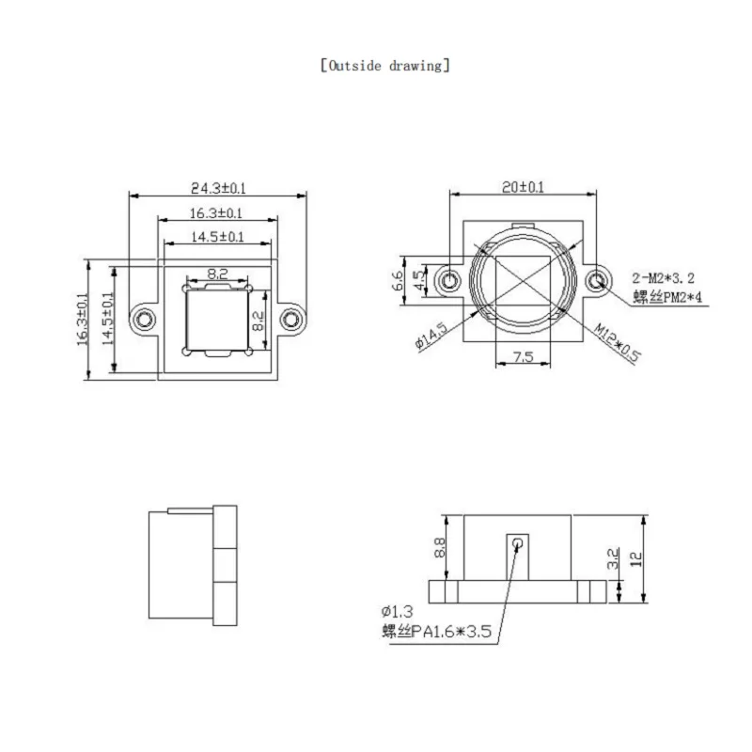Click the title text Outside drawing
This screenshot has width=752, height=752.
pos(385,65)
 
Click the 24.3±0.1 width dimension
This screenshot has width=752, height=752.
pos(218,187)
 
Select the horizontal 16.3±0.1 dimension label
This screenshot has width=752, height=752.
pos(216,212)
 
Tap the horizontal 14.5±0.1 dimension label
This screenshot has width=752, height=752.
pos(217,237)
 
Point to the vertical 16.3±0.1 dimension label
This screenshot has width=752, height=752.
pos(83,319)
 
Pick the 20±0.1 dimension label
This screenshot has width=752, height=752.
pos(523,186)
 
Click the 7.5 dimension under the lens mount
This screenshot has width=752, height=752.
pos(523,357)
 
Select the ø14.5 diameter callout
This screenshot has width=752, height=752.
pos(431,336)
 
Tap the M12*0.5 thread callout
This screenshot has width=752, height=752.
pos(617,342)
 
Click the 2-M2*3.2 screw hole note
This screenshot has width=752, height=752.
pos(664,277)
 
